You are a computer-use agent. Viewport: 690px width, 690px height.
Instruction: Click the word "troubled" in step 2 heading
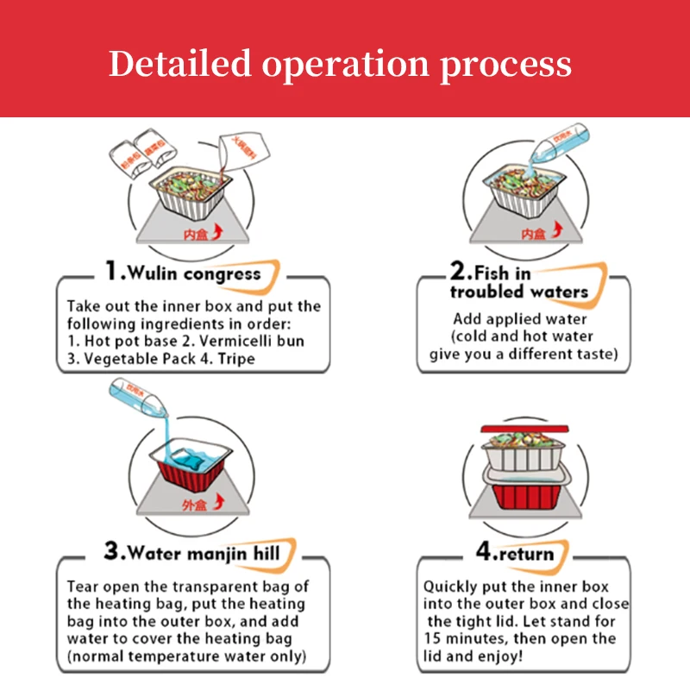(492, 292)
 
